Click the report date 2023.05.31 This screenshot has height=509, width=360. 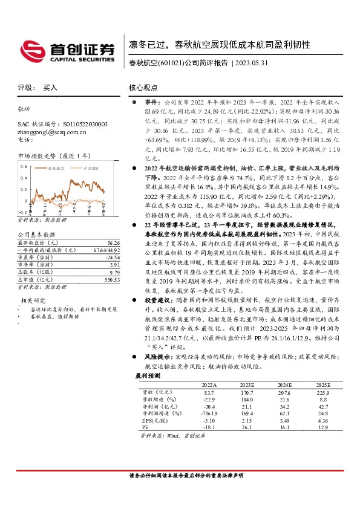click(x=249, y=63)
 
